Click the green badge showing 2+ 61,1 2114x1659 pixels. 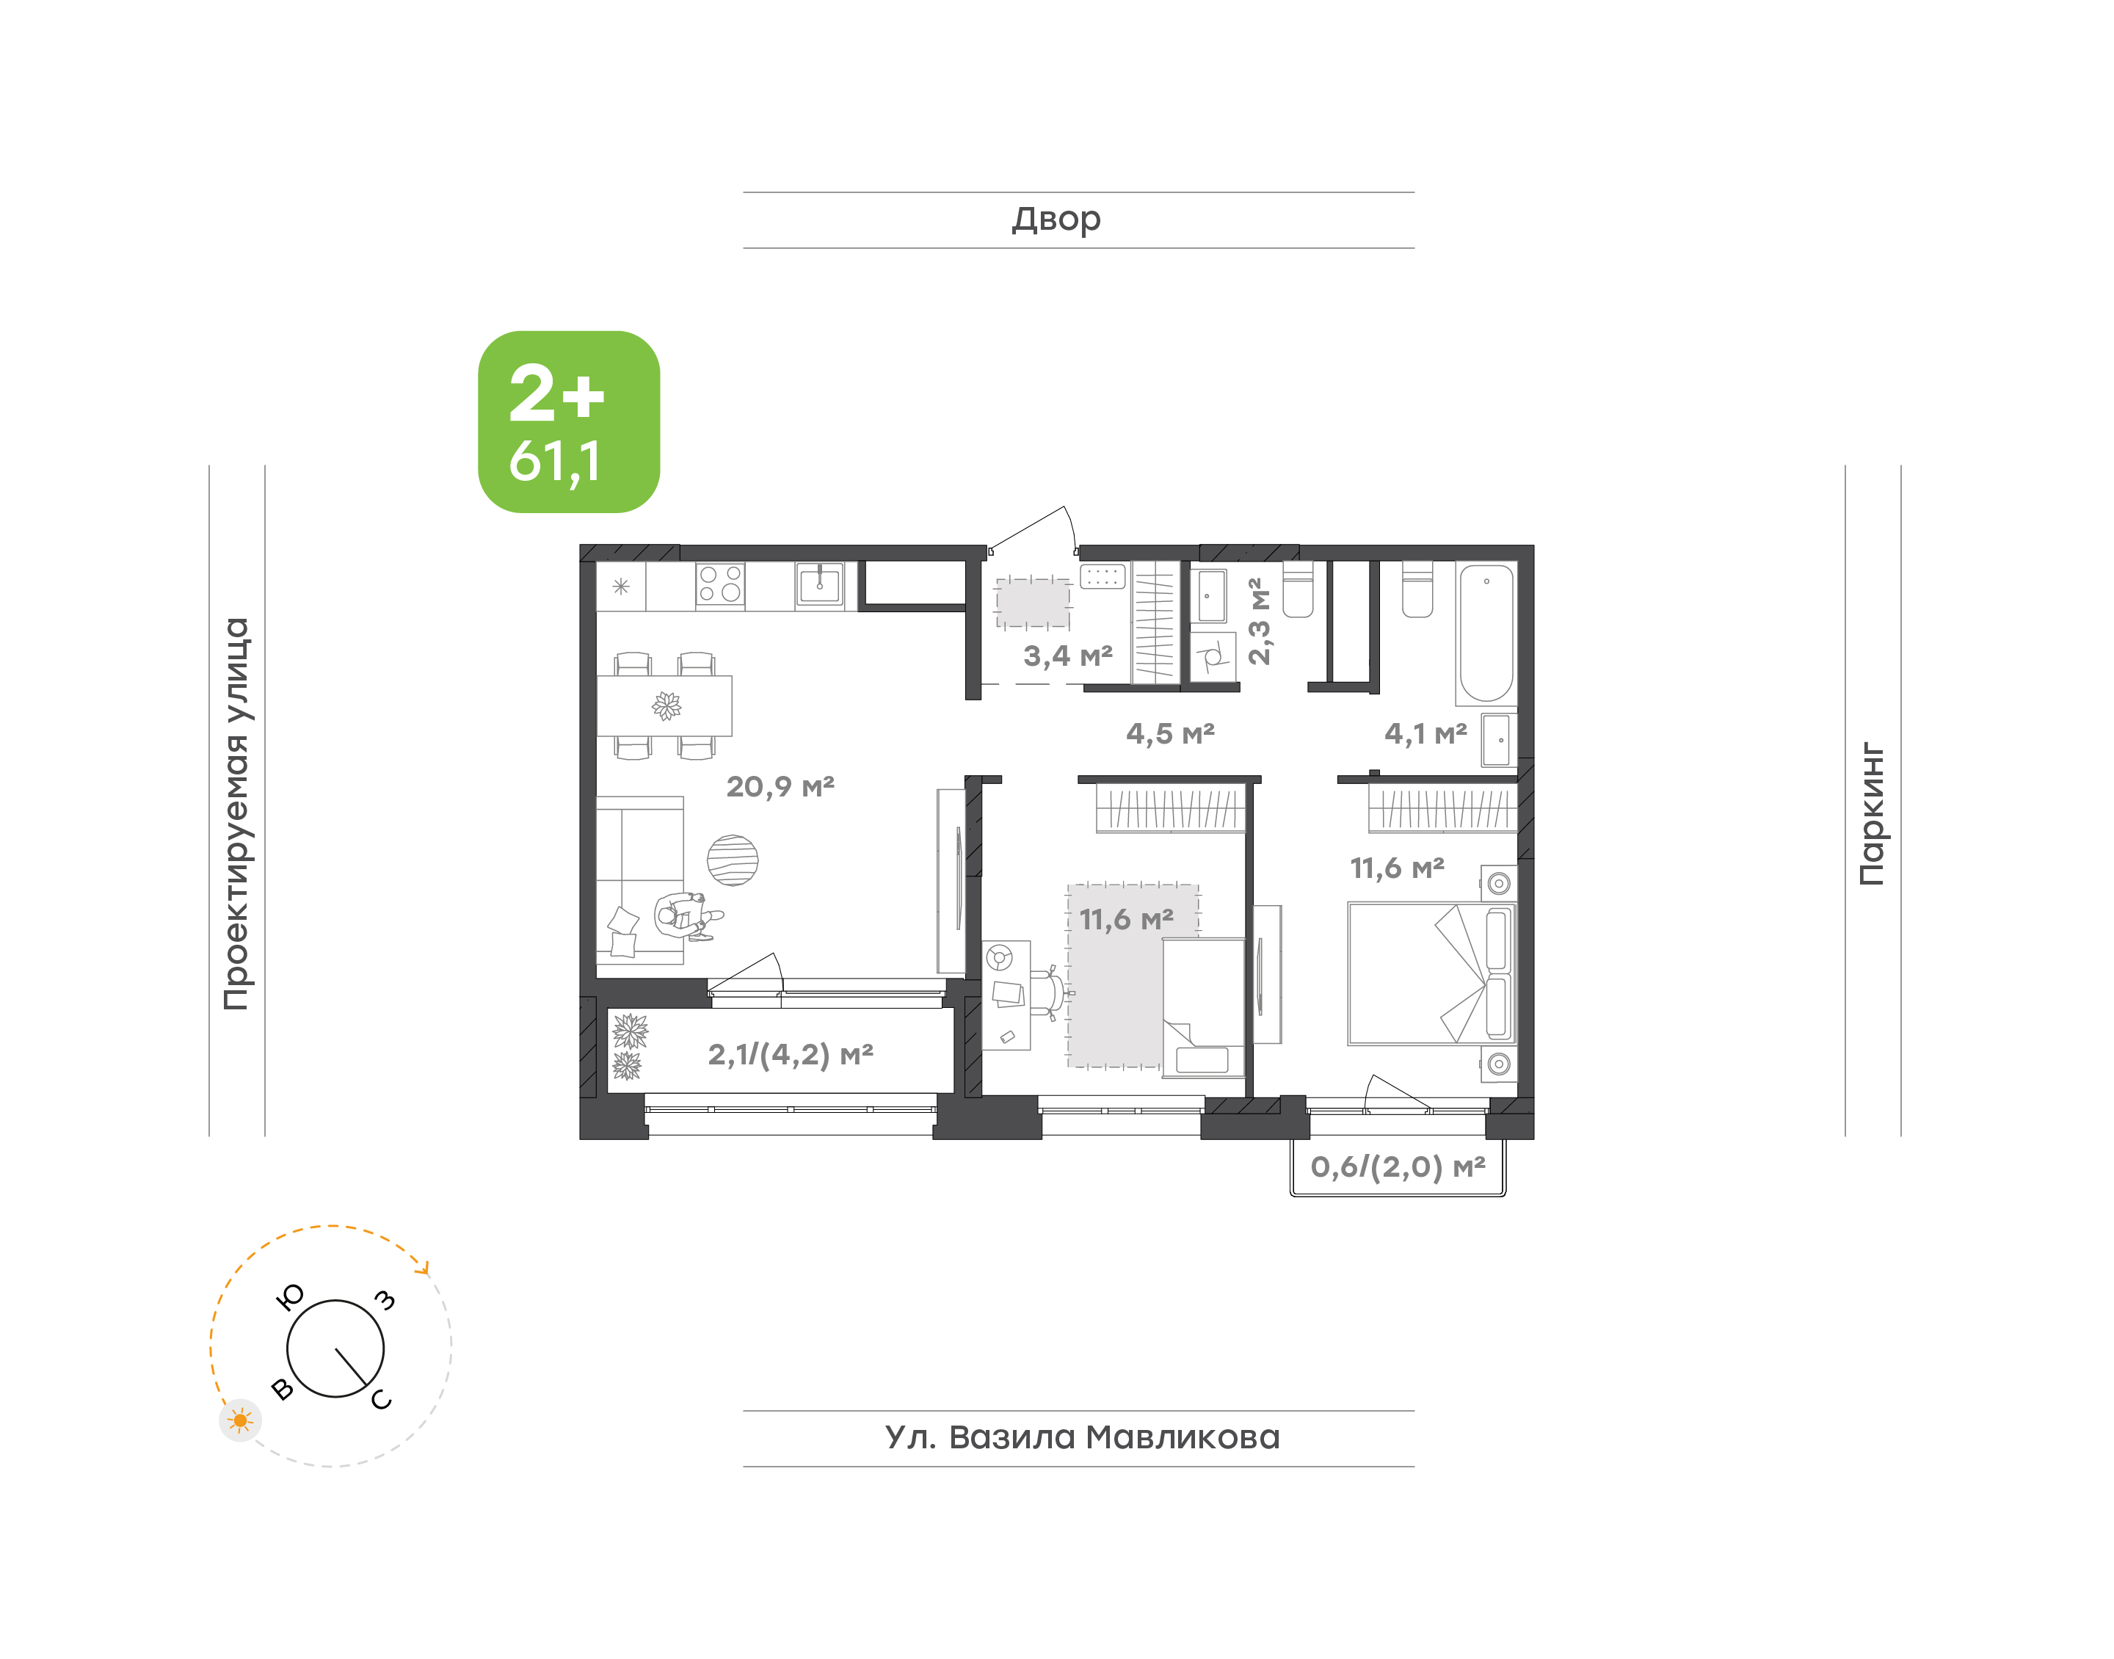(x=568, y=421)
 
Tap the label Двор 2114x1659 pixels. (x=1056, y=219)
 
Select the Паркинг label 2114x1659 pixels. (x=1873, y=814)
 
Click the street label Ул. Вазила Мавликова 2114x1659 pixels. (x=1082, y=1437)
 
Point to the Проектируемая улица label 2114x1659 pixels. (x=236, y=814)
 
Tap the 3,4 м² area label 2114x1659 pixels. (x=1067, y=656)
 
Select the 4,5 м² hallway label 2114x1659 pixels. (x=1170, y=733)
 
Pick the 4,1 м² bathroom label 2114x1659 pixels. (x=1425, y=733)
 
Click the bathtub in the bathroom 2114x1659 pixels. (x=1486, y=634)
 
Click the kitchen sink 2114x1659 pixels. (x=820, y=585)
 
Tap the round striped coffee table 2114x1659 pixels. (x=732, y=860)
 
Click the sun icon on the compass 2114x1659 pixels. (x=240, y=1421)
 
